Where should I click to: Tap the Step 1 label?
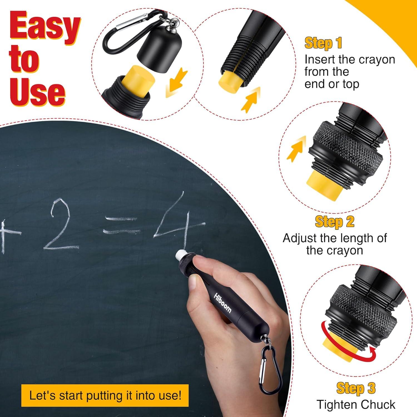tap(323, 43)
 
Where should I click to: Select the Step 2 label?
tap(334, 222)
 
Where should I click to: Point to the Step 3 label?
tap(356, 388)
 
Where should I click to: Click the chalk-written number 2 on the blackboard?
tap(60, 228)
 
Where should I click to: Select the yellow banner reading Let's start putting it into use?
tap(105, 395)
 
